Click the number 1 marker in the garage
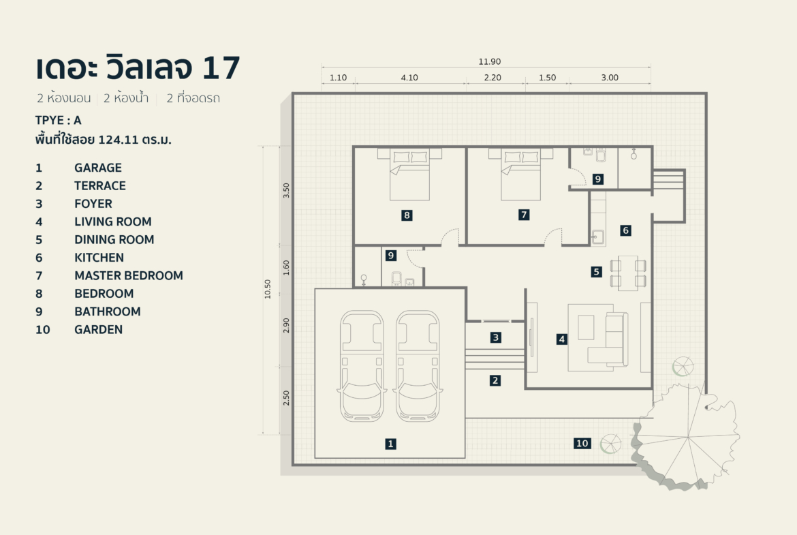[x=390, y=444]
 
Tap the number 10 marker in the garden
[x=582, y=443]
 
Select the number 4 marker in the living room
[x=561, y=338]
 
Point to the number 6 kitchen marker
[x=625, y=230]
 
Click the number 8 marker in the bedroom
[x=407, y=215]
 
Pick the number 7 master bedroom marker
[x=523, y=215]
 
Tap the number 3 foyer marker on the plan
[x=496, y=337]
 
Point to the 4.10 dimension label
[x=409, y=78]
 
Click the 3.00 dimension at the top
[x=610, y=78]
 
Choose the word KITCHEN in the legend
[x=99, y=258]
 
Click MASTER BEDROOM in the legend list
[x=129, y=275]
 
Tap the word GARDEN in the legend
[x=99, y=329]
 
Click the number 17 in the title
[x=221, y=69]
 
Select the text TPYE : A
[x=59, y=121]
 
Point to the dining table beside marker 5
[x=628, y=273]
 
